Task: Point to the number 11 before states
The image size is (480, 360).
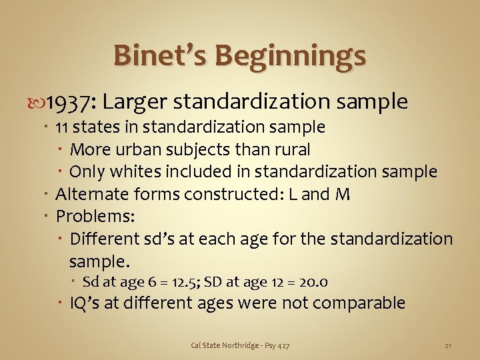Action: pyautogui.click(x=62, y=127)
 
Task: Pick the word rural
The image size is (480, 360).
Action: pyautogui.click(x=290, y=149)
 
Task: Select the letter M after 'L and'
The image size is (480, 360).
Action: pyautogui.click(x=343, y=194)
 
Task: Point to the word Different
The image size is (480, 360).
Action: pyautogui.click(x=103, y=239)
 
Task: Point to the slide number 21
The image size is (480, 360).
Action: pyautogui.click(x=448, y=345)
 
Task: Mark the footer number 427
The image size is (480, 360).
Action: pyautogui.click(x=283, y=345)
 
